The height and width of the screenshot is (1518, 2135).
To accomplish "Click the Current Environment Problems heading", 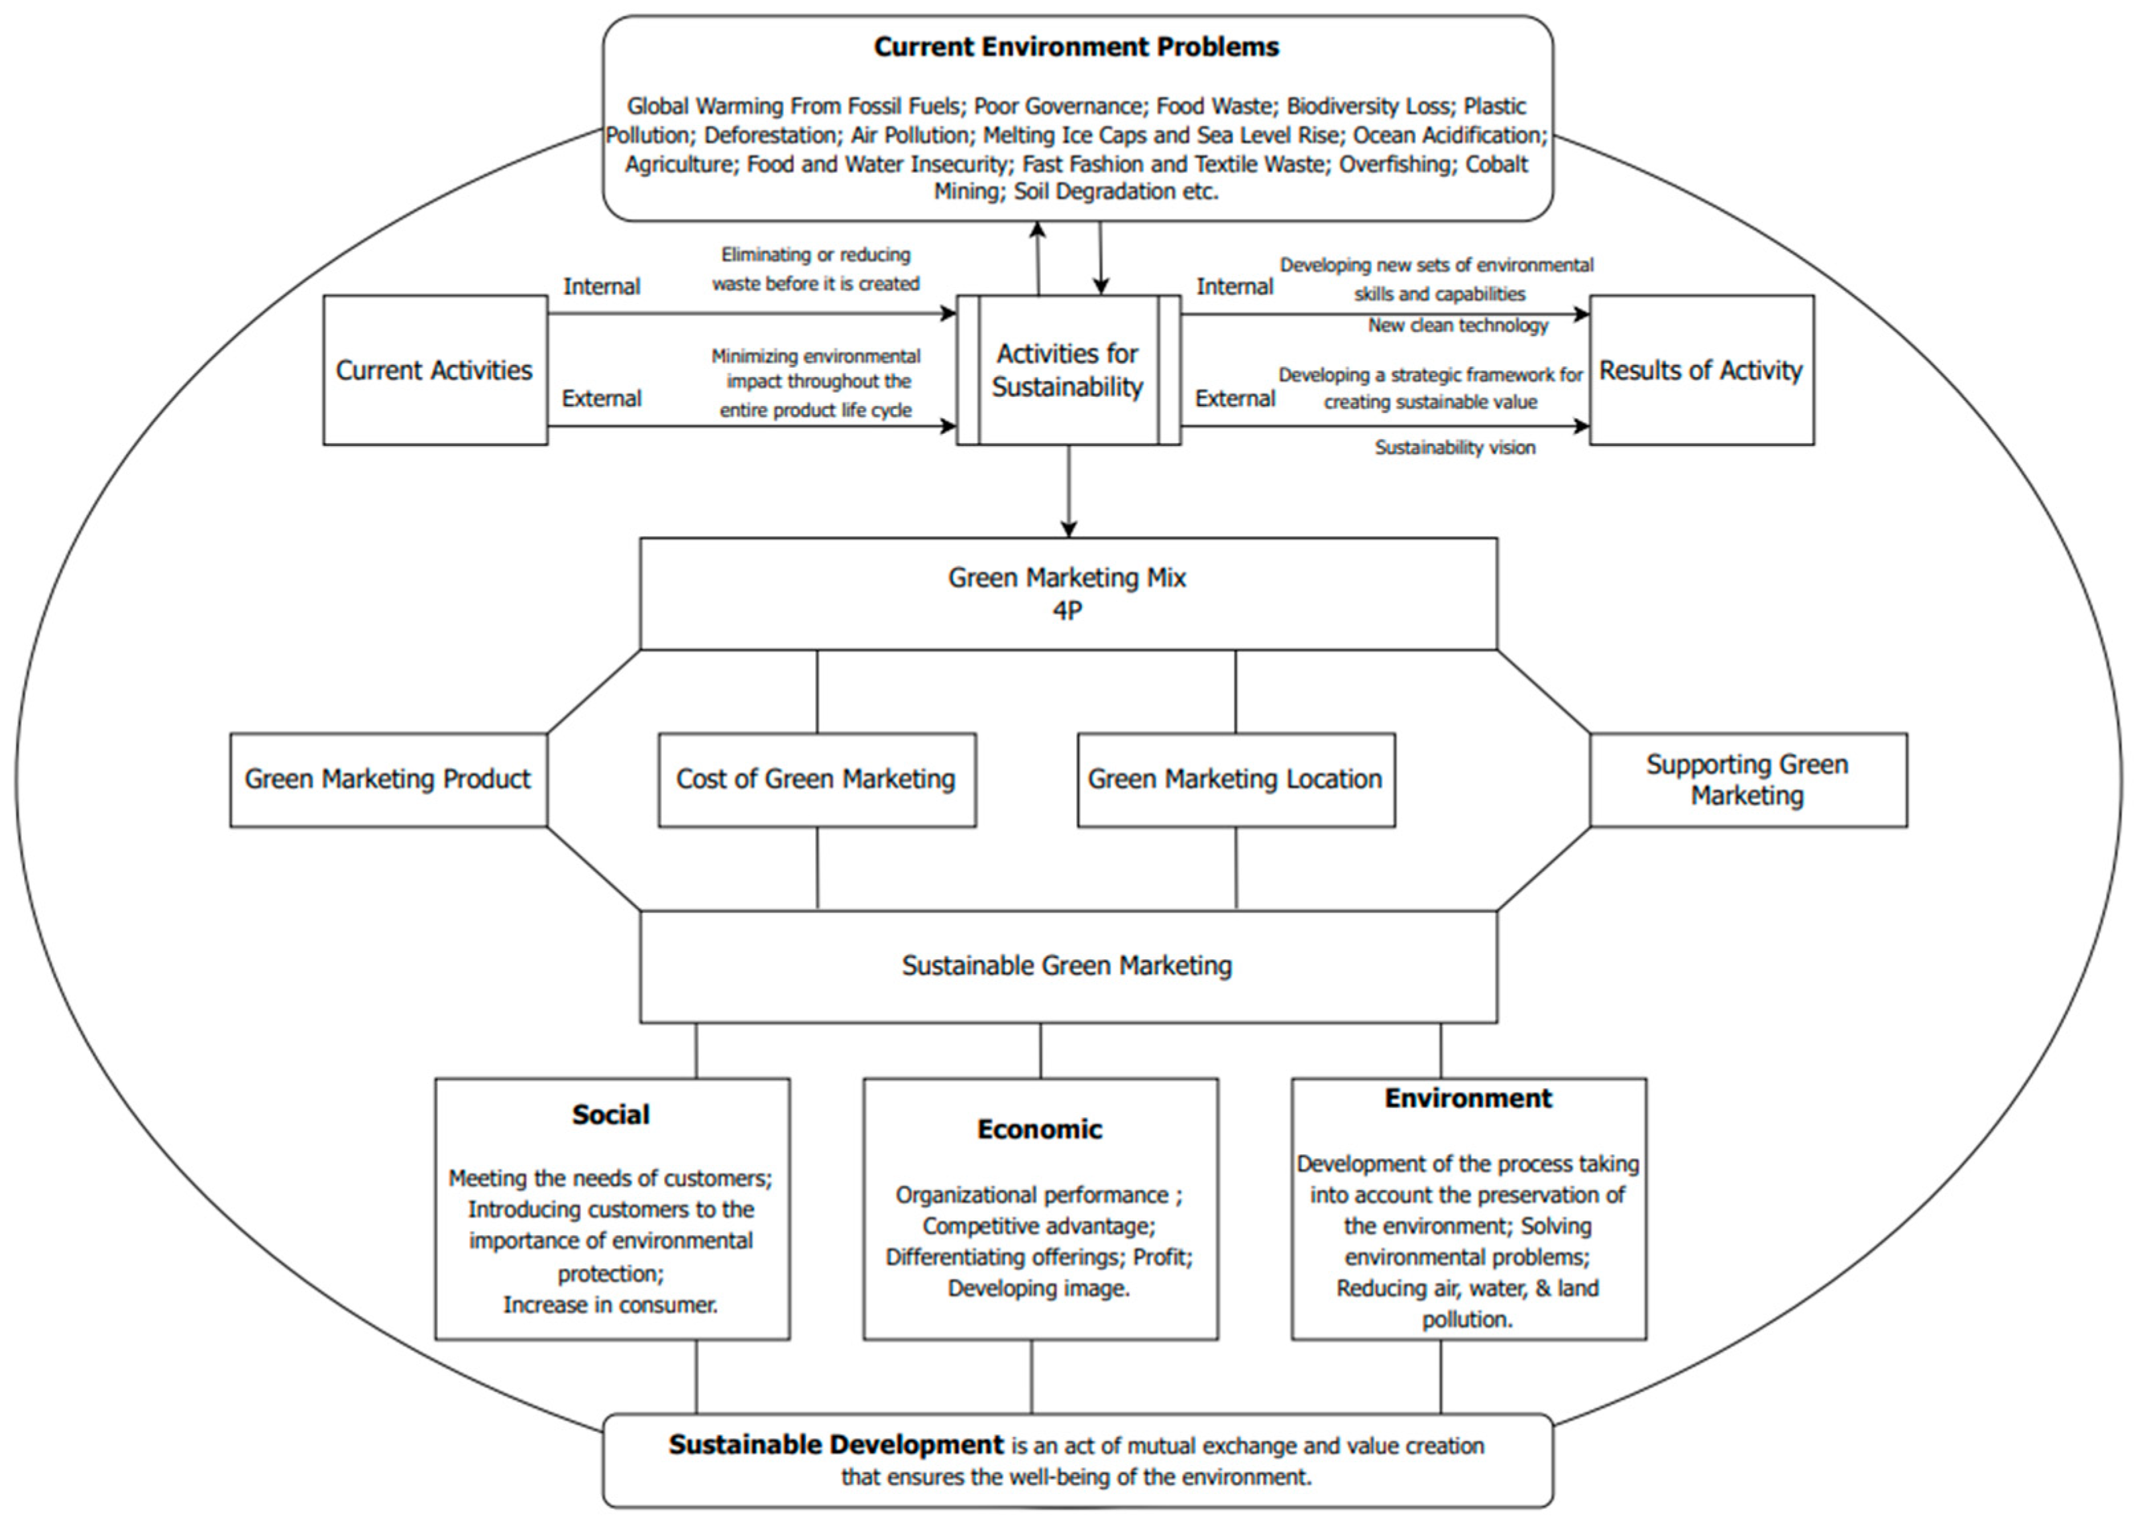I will click(x=1076, y=47).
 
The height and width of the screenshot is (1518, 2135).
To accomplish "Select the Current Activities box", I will click(x=435, y=370).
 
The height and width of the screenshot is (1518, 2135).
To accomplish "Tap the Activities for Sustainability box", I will click(x=1067, y=370).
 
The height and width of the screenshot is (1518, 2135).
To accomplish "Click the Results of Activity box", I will click(x=1700, y=370).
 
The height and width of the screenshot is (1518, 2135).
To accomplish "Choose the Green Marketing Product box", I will click(x=388, y=780).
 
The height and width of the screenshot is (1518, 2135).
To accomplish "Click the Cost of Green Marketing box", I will click(x=816, y=780).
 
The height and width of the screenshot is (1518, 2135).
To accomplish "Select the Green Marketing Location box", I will click(x=1235, y=780).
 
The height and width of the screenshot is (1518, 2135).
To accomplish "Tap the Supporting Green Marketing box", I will click(x=1747, y=780).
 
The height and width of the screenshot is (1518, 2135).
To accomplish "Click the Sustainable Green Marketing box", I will click(x=1067, y=965).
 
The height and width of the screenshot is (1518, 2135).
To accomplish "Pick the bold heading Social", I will click(x=610, y=1114).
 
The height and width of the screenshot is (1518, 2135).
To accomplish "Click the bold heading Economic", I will click(x=1040, y=1129).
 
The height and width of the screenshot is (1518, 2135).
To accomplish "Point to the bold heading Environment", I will click(x=1468, y=1099).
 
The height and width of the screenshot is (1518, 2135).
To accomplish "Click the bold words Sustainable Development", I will click(x=836, y=1445).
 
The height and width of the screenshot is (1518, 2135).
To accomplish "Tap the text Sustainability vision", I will click(x=1454, y=448).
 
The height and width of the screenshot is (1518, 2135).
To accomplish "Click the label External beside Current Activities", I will click(x=601, y=399).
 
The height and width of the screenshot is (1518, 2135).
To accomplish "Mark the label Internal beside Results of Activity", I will click(x=1234, y=287).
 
